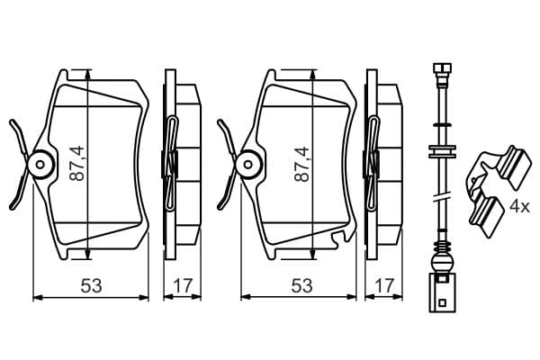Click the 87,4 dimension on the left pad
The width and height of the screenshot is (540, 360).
point(76,164)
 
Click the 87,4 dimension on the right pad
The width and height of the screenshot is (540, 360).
point(301,164)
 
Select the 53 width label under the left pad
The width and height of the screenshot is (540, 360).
point(91,286)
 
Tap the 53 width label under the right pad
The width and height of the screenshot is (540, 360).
point(301,286)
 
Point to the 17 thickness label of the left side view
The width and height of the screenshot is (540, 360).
point(182,286)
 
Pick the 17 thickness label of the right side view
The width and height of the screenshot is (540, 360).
point(383,286)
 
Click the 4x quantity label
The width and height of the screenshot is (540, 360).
point(519,207)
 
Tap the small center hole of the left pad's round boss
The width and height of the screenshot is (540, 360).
point(40,165)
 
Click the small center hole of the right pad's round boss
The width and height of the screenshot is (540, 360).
point(248,165)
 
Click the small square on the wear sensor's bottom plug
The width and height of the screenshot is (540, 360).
point(441,303)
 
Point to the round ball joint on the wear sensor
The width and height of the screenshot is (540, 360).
point(442,263)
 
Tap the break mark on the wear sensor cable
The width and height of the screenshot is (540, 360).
point(443,197)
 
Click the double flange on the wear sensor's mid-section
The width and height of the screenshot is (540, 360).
point(443,151)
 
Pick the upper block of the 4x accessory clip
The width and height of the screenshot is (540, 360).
point(514,167)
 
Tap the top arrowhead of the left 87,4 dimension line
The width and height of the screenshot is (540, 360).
point(88,75)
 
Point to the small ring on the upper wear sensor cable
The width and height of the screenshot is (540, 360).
point(443,123)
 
